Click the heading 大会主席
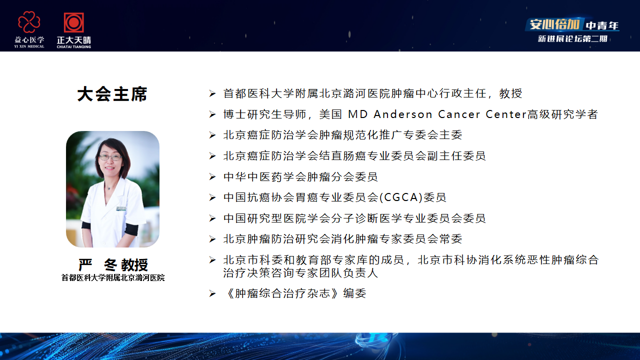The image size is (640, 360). coord(112,94)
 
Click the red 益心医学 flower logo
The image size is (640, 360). coord(29,22)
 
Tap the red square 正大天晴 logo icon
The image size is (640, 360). coord(74,22)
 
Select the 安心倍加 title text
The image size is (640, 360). coord(554,25)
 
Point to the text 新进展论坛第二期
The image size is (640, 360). coord(572,39)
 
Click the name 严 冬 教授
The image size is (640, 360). coord(113,264)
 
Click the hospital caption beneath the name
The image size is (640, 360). coord(113,278)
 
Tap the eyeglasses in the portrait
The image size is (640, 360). coord(109,157)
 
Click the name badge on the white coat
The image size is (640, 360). coord(121,209)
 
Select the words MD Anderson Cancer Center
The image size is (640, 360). coord(437,114)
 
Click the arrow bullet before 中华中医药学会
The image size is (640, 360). coord(212,177)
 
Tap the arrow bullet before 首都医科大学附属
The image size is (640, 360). coord(212,93)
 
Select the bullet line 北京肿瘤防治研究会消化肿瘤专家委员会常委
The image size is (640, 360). coord(342,239)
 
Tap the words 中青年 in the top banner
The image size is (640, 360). coord(602,26)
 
